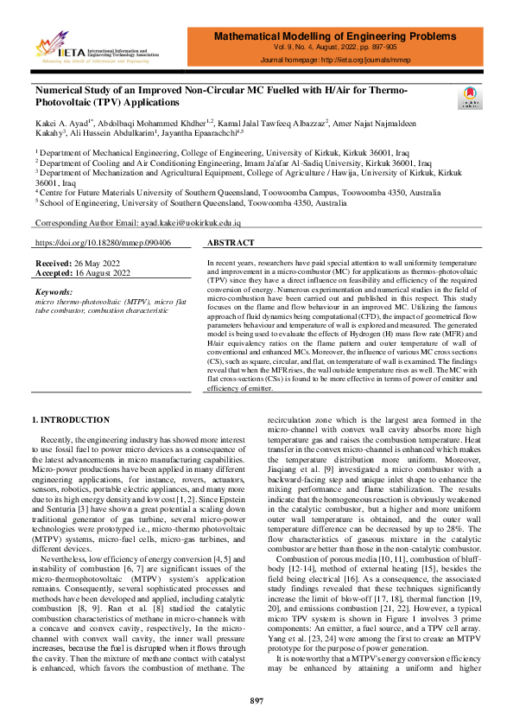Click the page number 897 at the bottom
point(256,699)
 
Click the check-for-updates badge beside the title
point(472,96)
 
